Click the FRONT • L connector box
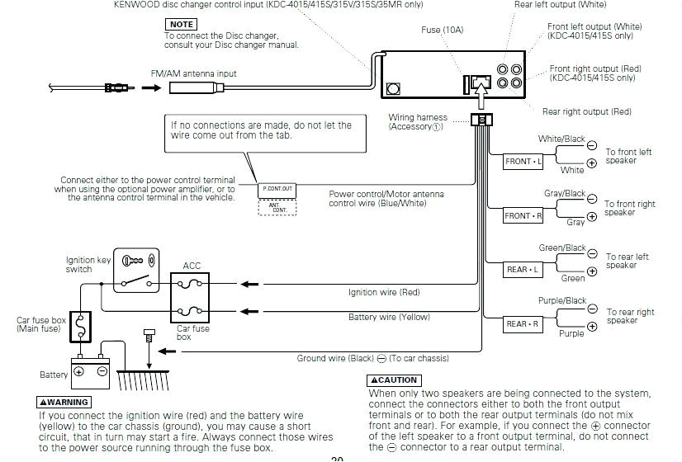click(523, 162)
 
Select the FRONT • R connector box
click(523, 216)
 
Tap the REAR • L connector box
click(523, 270)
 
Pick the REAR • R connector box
click(523, 324)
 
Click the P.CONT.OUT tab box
click(277, 190)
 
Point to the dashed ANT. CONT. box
click(277, 208)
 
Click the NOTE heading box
click(181, 25)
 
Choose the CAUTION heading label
click(394, 380)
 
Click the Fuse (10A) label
click(443, 30)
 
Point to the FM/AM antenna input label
click(193, 73)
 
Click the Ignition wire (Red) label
click(384, 292)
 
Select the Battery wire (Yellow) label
click(389, 317)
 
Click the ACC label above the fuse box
click(192, 266)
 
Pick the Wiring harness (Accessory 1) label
click(417, 122)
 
